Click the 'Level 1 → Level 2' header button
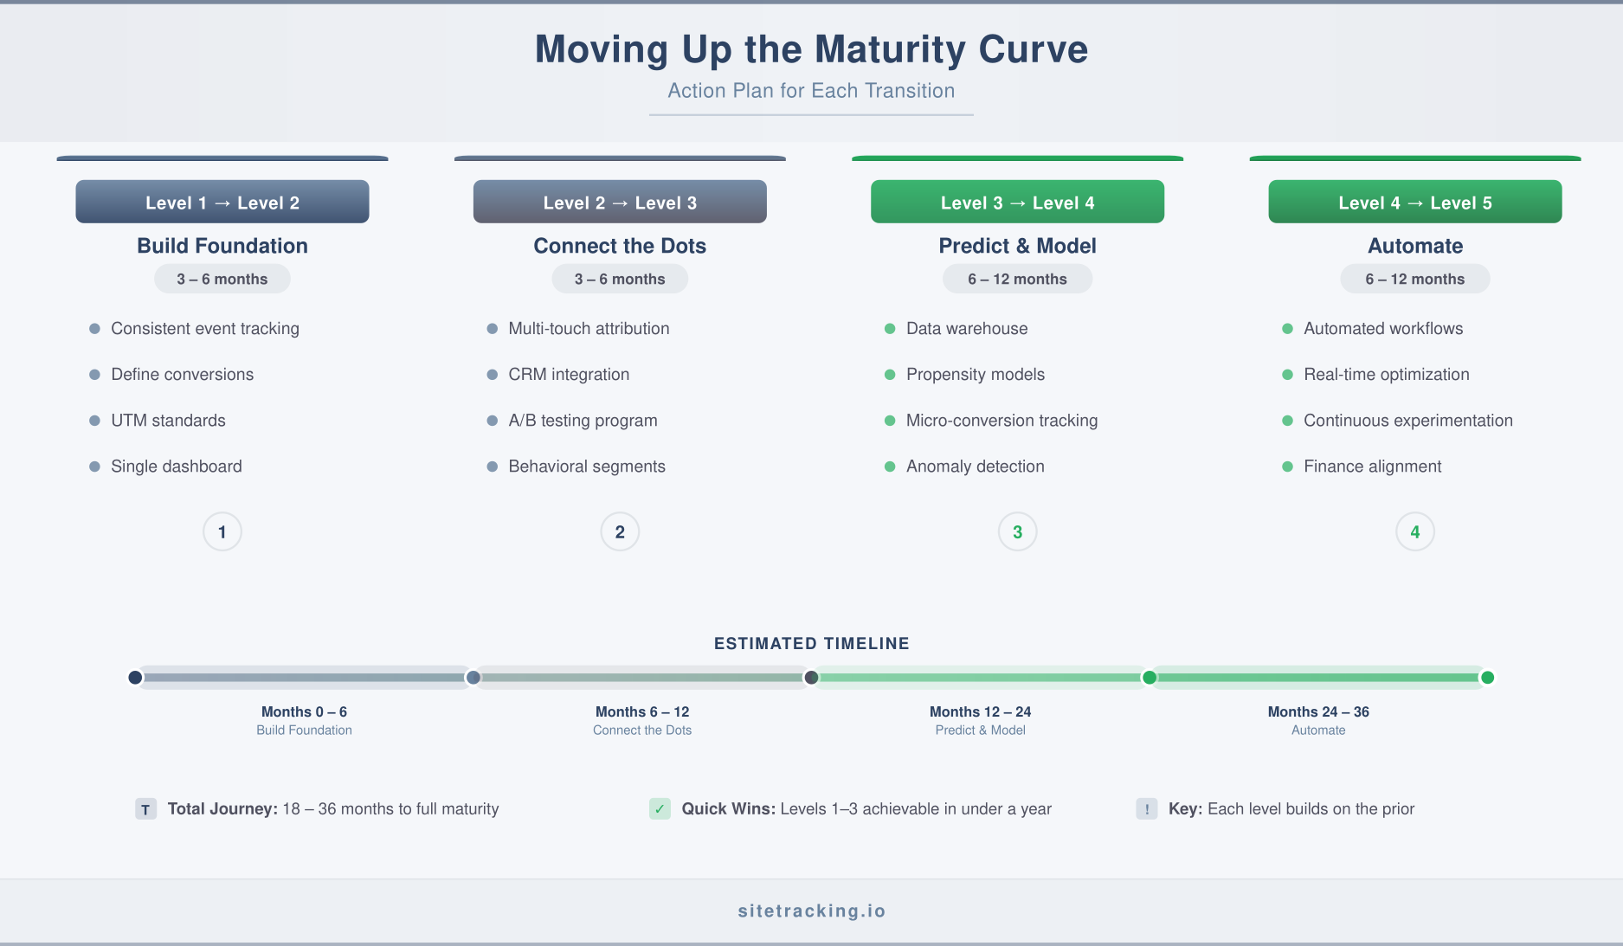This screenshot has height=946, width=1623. pyautogui.click(x=222, y=203)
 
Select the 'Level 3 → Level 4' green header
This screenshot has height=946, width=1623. pyautogui.click(x=1017, y=203)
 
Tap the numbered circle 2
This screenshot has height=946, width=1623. pyautogui.click(x=620, y=532)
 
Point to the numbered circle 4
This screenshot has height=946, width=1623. pyautogui.click(x=1414, y=532)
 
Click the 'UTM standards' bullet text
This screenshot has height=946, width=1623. pyautogui.click(x=168, y=421)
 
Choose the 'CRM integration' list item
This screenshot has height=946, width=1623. pyautogui.click(x=569, y=375)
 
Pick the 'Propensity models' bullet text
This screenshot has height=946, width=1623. pyautogui.click(x=975, y=375)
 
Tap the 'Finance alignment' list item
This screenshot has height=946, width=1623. pyautogui.click(x=1372, y=467)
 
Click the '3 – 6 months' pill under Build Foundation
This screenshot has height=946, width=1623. pyautogui.click(x=222, y=280)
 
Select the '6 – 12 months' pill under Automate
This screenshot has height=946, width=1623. pyautogui.click(x=1414, y=280)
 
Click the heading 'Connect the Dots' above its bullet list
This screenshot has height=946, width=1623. pyautogui.click(x=620, y=247)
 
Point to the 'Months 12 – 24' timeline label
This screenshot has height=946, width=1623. pyautogui.click(x=980, y=712)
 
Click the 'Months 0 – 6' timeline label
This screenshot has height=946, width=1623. pyautogui.click(x=304, y=712)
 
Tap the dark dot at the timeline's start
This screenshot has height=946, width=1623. pyautogui.click(x=135, y=678)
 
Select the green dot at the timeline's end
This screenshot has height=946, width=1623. pyautogui.click(x=1487, y=678)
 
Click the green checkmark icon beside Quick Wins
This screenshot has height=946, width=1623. pyautogui.click(x=660, y=809)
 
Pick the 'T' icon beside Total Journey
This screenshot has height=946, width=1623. pyautogui.click(x=145, y=809)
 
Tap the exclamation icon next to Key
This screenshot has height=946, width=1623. pyautogui.click(x=1147, y=809)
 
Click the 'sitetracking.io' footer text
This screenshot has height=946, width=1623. pyautogui.click(x=811, y=911)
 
